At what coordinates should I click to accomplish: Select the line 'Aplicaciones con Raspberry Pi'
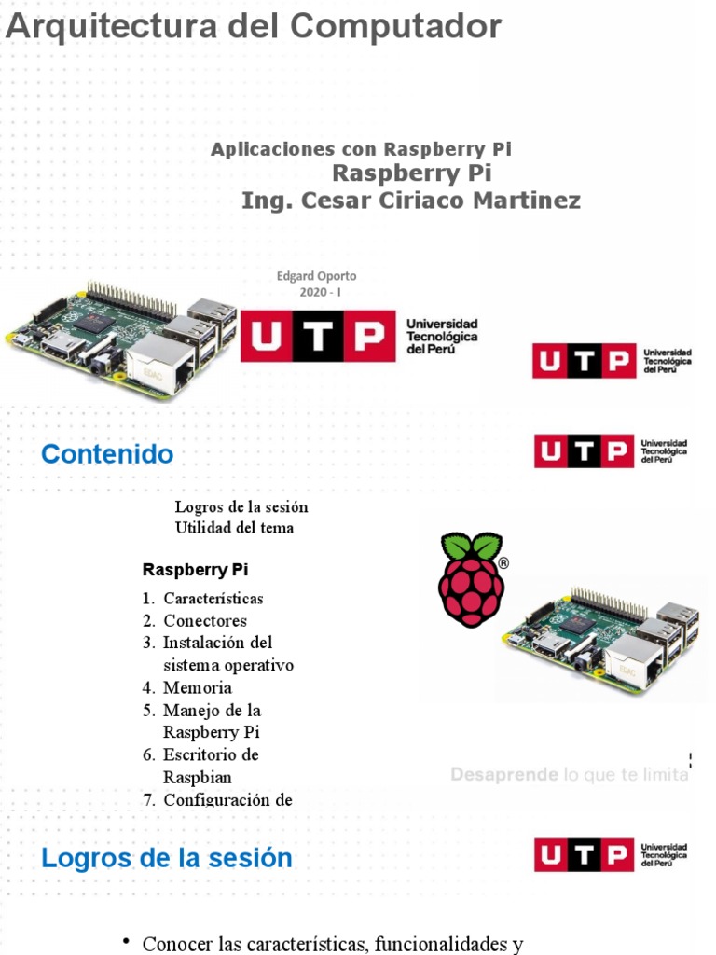(x=362, y=149)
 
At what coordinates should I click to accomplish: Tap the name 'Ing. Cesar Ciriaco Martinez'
(x=410, y=201)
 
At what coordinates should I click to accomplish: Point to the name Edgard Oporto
(x=316, y=276)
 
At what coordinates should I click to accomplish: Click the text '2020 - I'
(x=316, y=292)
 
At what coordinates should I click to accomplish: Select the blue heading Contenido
(x=107, y=454)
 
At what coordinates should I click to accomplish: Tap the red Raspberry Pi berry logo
(x=472, y=578)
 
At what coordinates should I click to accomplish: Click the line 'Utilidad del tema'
(x=234, y=528)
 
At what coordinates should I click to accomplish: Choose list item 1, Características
(x=213, y=599)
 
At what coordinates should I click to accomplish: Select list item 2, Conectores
(x=205, y=621)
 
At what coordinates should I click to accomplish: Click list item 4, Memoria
(x=197, y=688)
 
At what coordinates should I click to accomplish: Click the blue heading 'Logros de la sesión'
(x=167, y=858)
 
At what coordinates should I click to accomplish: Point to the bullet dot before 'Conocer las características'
(x=126, y=942)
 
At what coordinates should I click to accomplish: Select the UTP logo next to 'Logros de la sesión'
(x=611, y=854)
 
